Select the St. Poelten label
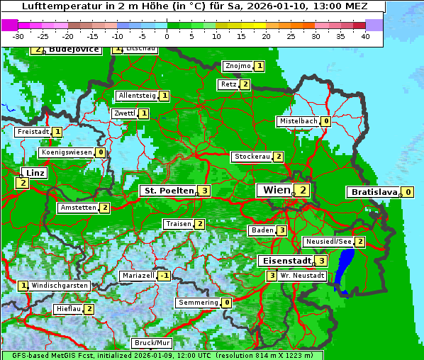coord(167,191)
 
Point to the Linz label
coord(34,173)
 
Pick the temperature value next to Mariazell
coord(164,276)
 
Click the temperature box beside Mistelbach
coord(326,121)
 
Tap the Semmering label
coord(198,303)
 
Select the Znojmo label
coord(238,66)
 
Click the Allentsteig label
coord(137,96)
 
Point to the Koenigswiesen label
coord(67,152)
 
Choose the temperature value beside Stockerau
coord(279,157)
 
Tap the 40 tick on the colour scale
coord(364,35)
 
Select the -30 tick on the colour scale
coord(18,35)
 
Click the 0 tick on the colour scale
coord(167,35)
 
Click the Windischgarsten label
coord(60,286)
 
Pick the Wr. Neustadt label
coord(302,276)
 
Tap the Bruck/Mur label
coord(152,343)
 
